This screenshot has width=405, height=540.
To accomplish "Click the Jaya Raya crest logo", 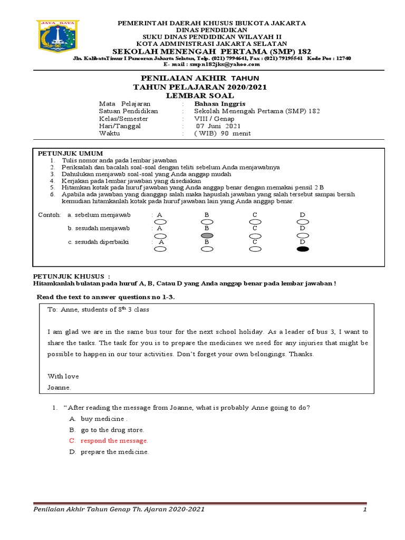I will point(57,40).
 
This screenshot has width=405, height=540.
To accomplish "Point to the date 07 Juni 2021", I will point(218,126).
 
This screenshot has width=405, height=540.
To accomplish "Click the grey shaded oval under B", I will point(207,235).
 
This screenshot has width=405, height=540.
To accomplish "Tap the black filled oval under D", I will point(303,249).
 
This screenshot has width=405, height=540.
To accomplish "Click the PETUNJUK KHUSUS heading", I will point(72,276).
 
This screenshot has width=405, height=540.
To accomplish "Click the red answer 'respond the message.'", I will point(114,440).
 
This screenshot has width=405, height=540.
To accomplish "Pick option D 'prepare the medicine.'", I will point(114,452).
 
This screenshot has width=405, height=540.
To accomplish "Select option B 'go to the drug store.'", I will point(112,430).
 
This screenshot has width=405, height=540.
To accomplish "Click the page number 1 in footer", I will point(364,510).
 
